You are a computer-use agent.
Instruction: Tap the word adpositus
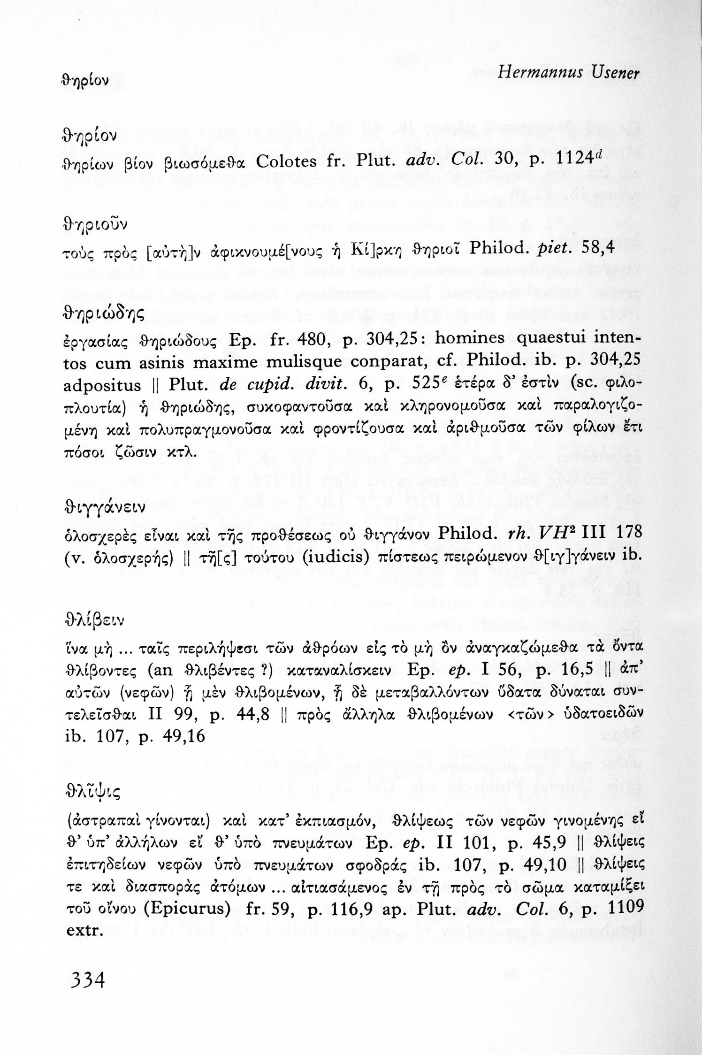pos(102,386)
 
